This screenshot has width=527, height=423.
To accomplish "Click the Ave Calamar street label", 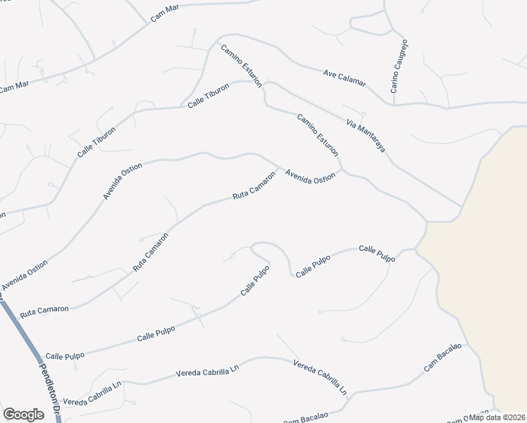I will [x=345, y=77].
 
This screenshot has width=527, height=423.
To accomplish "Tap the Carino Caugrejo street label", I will [x=399, y=66].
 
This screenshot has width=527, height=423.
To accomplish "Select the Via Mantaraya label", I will [x=365, y=136].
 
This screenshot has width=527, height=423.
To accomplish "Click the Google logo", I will [x=23, y=415].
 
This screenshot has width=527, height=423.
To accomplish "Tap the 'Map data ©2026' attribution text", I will [x=497, y=417].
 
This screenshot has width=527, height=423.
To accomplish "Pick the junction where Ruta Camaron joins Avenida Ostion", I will [x=282, y=168].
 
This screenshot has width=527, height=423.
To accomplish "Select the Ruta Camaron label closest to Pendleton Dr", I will [x=44, y=309].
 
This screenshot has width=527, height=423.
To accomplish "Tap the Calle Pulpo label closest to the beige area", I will [x=377, y=253].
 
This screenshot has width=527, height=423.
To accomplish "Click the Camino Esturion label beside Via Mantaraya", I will [x=318, y=135].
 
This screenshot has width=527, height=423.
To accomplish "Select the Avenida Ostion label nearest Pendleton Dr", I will [x=25, y=275].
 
